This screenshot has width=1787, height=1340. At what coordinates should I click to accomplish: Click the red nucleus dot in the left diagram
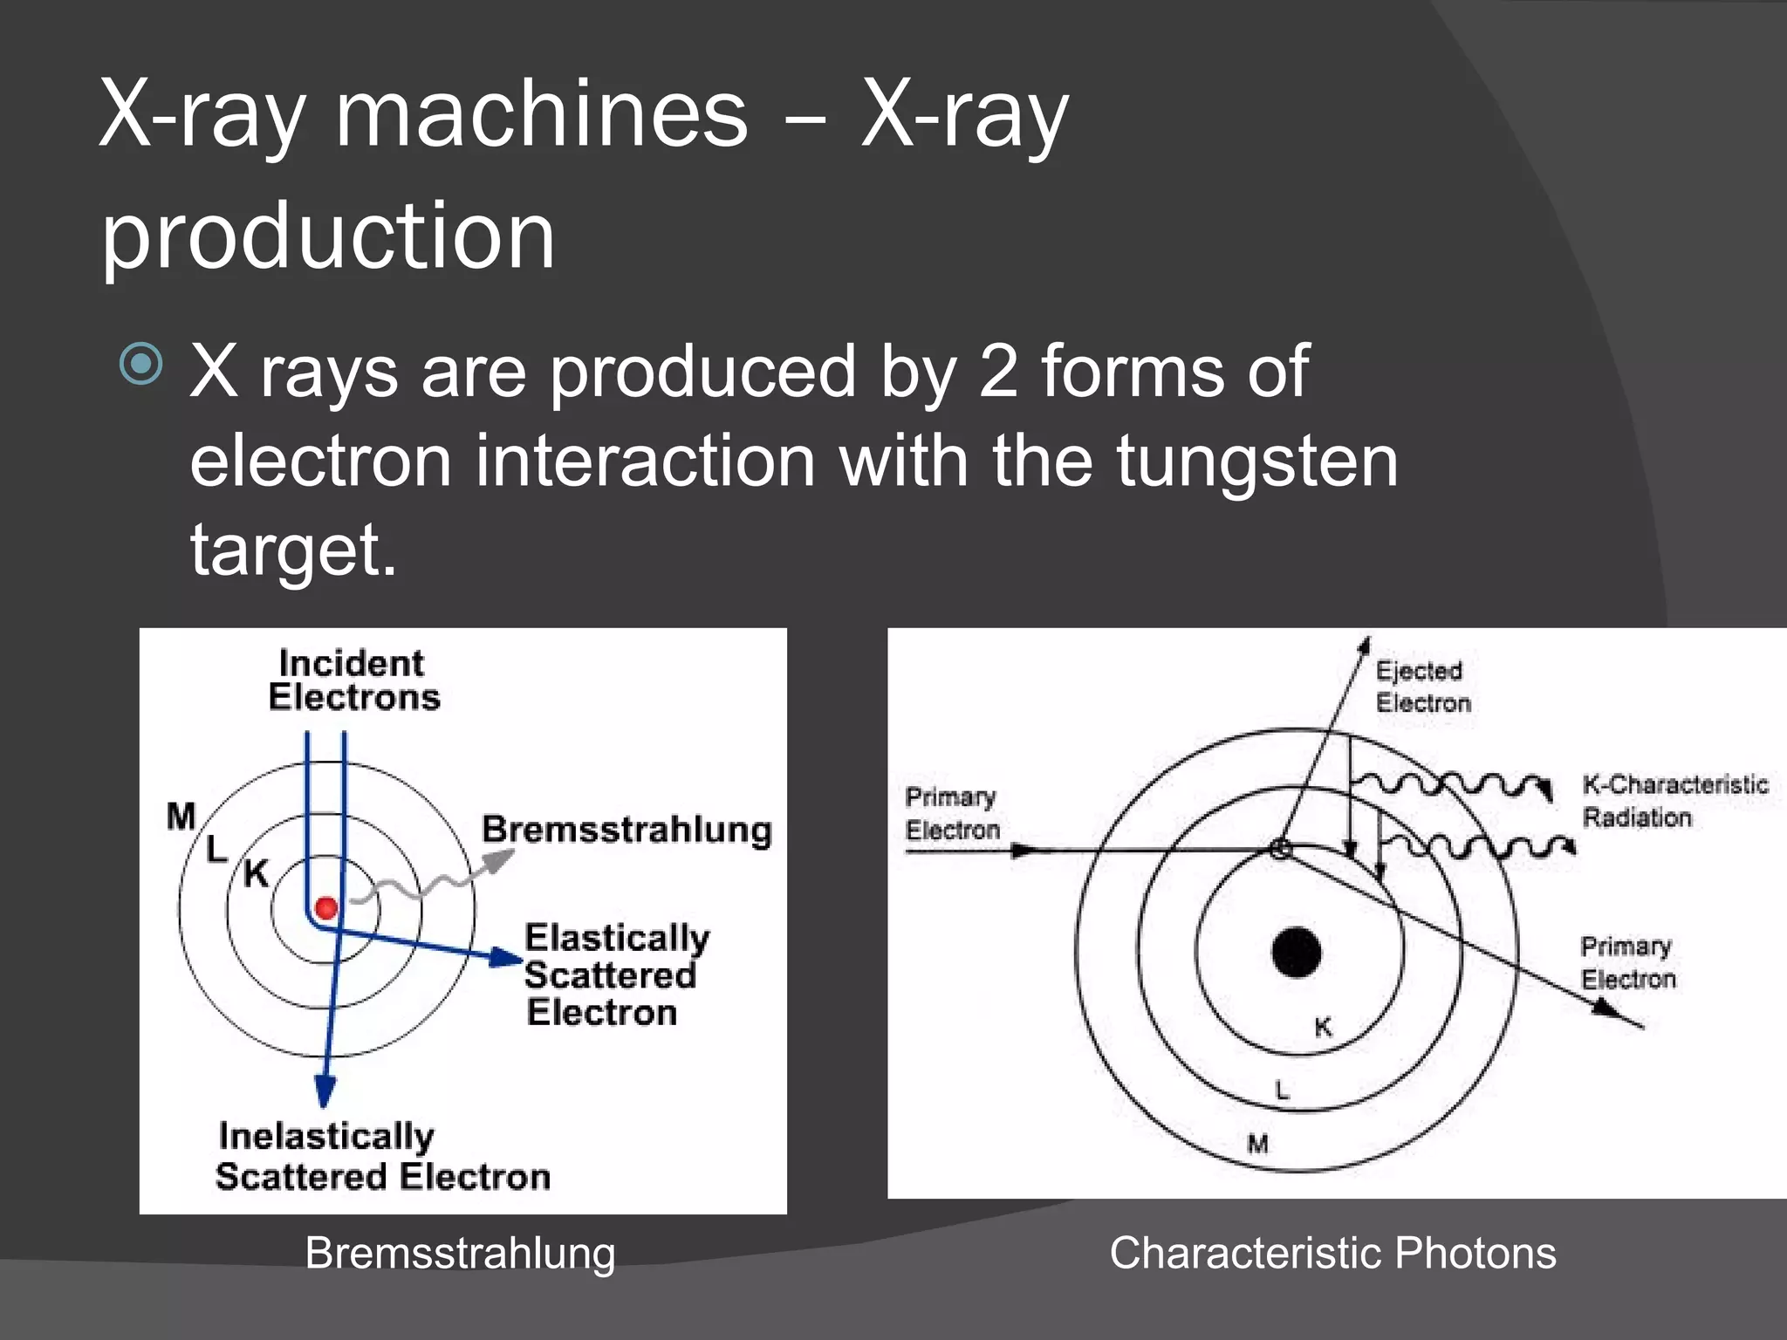pos(326,908)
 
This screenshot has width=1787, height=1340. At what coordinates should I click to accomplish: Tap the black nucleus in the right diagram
pos(1296,952)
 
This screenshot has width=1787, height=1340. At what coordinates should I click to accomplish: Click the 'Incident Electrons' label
pos(353,680)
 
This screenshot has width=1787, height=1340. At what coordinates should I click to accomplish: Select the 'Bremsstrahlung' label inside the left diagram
pos(626,830)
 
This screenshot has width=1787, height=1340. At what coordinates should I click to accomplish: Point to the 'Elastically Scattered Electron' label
pos(615,974)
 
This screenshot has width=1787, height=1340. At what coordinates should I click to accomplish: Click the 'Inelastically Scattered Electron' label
pos(382,1156)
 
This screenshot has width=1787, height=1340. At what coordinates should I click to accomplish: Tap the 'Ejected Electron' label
pos(1422,687)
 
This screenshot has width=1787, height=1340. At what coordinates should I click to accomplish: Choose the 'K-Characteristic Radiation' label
pos(1674,801)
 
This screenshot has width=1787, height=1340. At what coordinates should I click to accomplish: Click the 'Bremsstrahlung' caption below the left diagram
pos(460,1253)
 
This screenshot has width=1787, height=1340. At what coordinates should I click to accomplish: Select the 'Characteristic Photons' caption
pos(1332,1253)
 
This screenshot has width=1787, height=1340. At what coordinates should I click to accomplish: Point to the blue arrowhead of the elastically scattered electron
pos(506,958)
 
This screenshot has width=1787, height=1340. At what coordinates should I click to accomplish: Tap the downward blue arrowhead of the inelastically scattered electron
pos(325,1090)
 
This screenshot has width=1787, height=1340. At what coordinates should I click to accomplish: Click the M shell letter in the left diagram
pos(181,817)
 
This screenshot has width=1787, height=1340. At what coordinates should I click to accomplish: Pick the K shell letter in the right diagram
pos(1323,1028)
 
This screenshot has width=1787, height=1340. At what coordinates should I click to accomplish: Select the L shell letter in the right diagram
pos(1282,1090)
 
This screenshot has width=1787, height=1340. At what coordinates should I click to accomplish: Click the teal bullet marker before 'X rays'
pos(141,364)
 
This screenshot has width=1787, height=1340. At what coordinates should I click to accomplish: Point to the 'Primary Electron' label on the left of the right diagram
pos(951,813)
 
